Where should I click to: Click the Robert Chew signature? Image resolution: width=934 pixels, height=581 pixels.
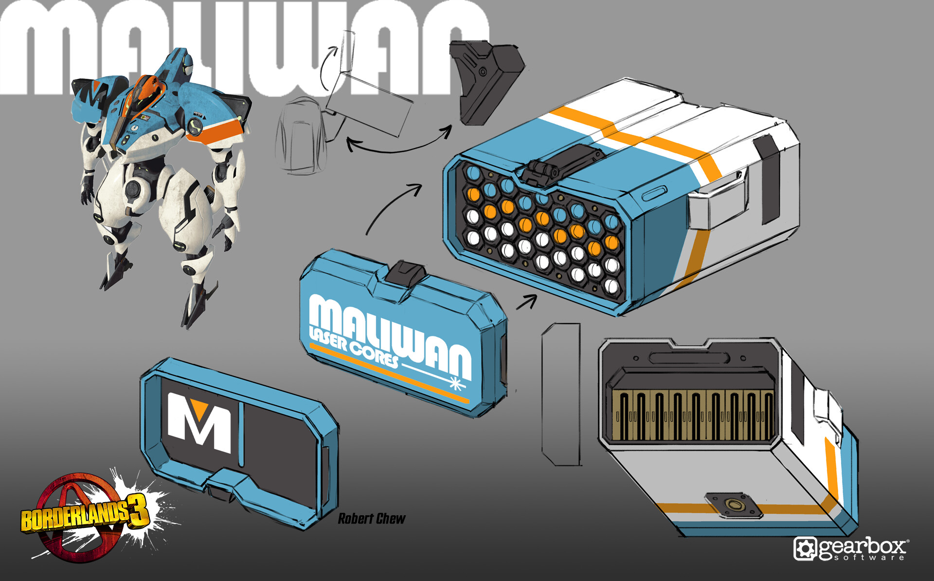tap(372, 519)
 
